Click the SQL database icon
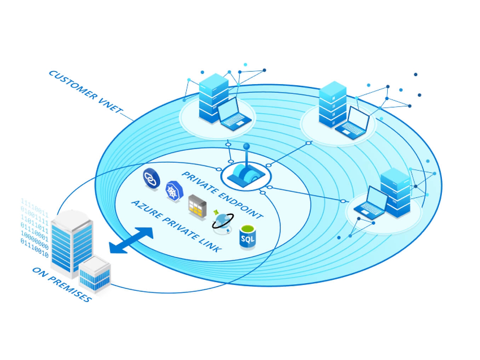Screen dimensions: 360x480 (247, 237)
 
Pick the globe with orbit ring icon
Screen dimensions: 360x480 (222, 221)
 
